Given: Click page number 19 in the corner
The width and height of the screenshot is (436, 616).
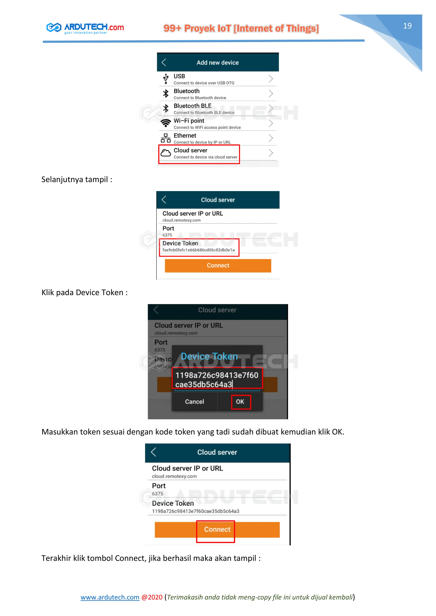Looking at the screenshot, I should point(407,26).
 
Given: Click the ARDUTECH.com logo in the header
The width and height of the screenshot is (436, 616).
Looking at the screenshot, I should point(85,28).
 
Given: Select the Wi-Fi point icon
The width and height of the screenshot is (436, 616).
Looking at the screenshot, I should point(166,123).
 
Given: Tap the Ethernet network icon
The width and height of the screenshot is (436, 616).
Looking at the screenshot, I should point(166,138).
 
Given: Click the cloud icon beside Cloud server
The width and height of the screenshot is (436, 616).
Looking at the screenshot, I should point(166,153).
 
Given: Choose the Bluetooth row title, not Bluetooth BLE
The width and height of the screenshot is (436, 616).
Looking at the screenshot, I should point(186,91).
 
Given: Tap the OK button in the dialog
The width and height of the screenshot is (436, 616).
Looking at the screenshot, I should point(240,402).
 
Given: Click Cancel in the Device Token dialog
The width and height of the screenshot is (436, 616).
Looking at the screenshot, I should point(194,402).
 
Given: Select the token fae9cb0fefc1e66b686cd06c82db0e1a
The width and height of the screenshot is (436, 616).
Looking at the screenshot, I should point(198,250).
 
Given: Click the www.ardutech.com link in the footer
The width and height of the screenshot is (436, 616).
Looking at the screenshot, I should point(110,597).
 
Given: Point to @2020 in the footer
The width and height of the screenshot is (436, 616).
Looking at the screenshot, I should point(152,597).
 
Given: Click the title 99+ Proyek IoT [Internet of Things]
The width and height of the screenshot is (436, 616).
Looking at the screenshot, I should point(241,29).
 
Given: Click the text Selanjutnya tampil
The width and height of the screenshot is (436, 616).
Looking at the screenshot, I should point(76,180).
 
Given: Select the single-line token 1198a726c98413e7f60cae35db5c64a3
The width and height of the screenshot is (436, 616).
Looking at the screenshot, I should point(195,511).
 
